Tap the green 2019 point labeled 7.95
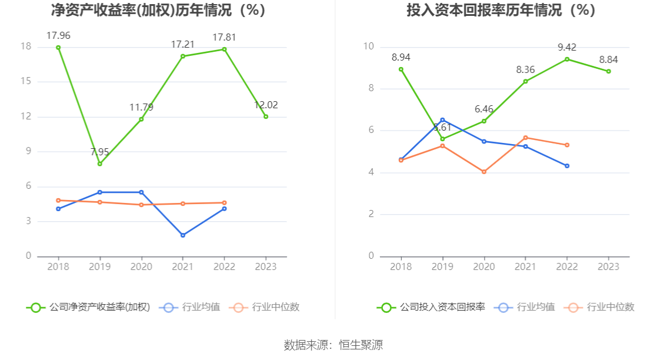pos(100,164)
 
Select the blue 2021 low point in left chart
pos(183,235)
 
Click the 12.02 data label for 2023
pos(266,105)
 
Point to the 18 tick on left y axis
pos(26,46)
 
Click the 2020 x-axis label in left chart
pos(141,266)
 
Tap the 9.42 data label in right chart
pos(567,48)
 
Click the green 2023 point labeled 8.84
pos(608,71)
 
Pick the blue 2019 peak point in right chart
pos(442,120)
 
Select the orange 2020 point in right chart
pos(484,172)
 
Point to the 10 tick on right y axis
pos(369,46)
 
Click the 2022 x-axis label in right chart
pos(567,266)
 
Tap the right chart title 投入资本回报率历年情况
pos(501,11)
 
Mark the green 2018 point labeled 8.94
pos(401,69)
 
